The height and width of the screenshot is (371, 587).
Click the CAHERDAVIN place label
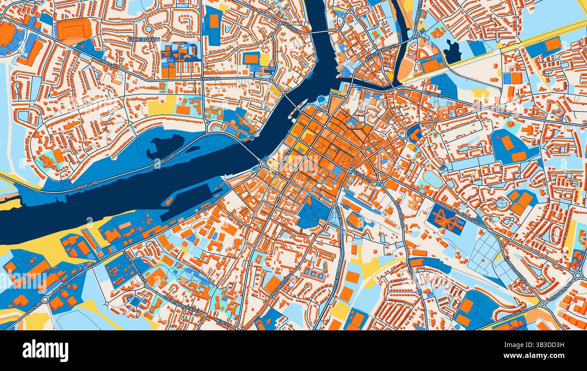(143, 39)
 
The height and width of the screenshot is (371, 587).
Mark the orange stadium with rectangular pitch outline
(74, 30)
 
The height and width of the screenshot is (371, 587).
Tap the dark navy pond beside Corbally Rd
(452, 51)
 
